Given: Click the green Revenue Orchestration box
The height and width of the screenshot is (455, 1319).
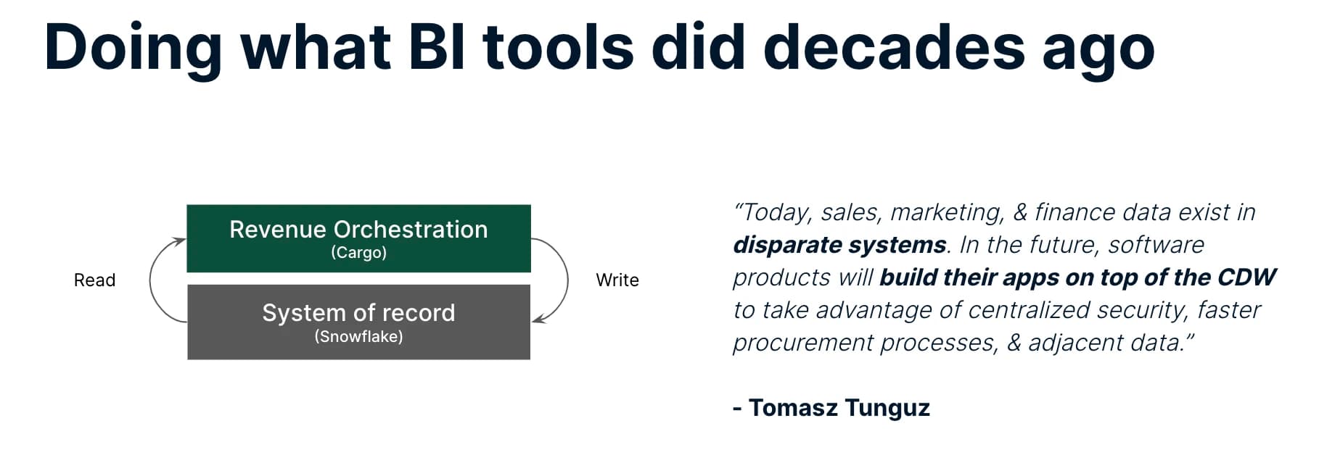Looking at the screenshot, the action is pos(358,238).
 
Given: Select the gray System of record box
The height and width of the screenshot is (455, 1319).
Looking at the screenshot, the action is pos(358,322).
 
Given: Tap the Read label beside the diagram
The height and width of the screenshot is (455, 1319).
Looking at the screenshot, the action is pos(94,280).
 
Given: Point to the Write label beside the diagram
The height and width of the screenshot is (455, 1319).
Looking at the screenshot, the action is pos(617,280).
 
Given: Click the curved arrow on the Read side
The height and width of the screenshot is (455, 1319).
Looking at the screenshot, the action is pos(150,280).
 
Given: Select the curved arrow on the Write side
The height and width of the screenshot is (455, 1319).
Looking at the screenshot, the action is pos(567,280).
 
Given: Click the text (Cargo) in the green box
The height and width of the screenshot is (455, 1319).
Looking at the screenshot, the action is pos(358,253).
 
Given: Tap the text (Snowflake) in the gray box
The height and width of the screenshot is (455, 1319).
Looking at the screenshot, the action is pos(358,336).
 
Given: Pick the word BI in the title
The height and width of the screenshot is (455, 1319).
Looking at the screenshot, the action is pos(436,47).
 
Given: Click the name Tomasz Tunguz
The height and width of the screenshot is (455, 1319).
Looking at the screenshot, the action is pos(839,408).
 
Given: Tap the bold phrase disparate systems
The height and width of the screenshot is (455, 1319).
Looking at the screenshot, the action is pos(839,245).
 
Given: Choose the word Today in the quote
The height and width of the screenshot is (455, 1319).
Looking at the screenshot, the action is pos(775,213).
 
